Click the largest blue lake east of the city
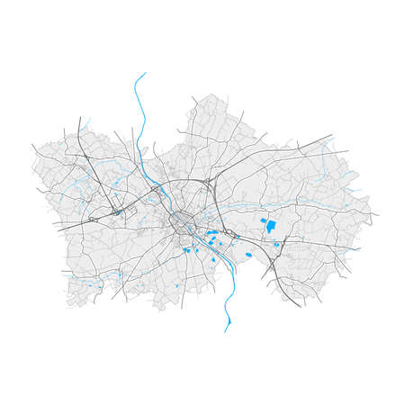pyautogui.click(x=269, y=229)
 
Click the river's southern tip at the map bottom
pyautogui.click(x=225, y=330)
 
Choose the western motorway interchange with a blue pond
pyautogui.click(x=117, y=212)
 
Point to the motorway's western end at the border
pyautogui.click(x=58, y=231)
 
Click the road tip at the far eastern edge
pyautogui.click(x=378, y=214)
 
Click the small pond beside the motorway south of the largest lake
pyautogui.click(x=277, y=244)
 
